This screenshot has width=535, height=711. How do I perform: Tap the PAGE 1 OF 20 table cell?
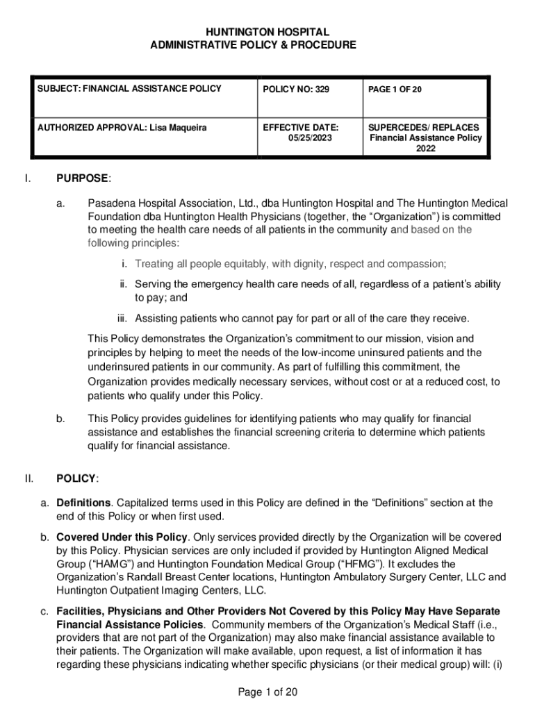click(394, 89)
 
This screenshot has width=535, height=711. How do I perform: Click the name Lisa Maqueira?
click(178, 128)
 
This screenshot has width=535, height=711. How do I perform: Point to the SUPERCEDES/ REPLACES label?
click(423, 128)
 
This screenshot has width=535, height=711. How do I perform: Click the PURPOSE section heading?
click(82, 178)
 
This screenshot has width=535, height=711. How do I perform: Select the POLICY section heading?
click(76, 478)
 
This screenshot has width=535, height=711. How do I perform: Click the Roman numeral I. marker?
click(27, 178)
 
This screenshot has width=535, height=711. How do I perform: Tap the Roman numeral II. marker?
click(28, 478)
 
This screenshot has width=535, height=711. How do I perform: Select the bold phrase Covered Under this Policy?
click(122, 537)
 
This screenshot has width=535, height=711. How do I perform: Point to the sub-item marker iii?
click(123, 318)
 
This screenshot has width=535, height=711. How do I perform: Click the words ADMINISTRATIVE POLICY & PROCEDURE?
click(253, 44)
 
